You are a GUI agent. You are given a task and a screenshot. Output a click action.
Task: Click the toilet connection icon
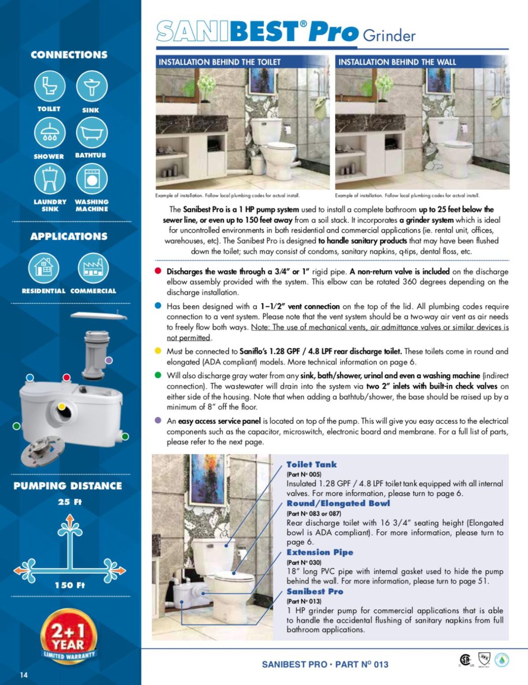pos(49,86)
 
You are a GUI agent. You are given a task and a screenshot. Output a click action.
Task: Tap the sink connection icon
pos(91,86)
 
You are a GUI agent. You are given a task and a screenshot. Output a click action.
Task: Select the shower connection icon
pos(49,132)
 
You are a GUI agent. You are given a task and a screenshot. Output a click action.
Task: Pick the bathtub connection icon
pos(91,132)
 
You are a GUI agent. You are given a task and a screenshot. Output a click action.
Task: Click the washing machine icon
pos(91,179)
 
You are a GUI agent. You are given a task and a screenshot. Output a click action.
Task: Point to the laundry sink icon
pos(49,179)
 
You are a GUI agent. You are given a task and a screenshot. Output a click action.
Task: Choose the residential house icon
pos(43,268)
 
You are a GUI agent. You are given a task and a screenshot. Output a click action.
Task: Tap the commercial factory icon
pos(93,268)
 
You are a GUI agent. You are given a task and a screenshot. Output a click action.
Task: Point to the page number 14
pos(24,675)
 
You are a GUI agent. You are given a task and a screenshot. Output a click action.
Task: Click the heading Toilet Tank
pos(311,465)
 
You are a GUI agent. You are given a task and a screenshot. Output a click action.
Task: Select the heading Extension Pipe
pos(320,552)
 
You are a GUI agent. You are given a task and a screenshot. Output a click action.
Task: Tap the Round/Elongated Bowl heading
pos(338,503)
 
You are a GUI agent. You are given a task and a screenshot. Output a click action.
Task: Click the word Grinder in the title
pos(389,35)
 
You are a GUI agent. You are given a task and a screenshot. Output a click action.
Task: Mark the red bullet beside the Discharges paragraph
pos(158,271)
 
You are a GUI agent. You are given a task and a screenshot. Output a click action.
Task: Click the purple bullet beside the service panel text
pos(158,420)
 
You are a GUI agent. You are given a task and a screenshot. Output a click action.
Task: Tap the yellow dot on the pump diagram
pos(62,406)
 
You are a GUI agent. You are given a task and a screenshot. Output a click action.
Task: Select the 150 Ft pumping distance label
pos(70,585)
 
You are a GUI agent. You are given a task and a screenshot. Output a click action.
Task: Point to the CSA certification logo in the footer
pos(465,660)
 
